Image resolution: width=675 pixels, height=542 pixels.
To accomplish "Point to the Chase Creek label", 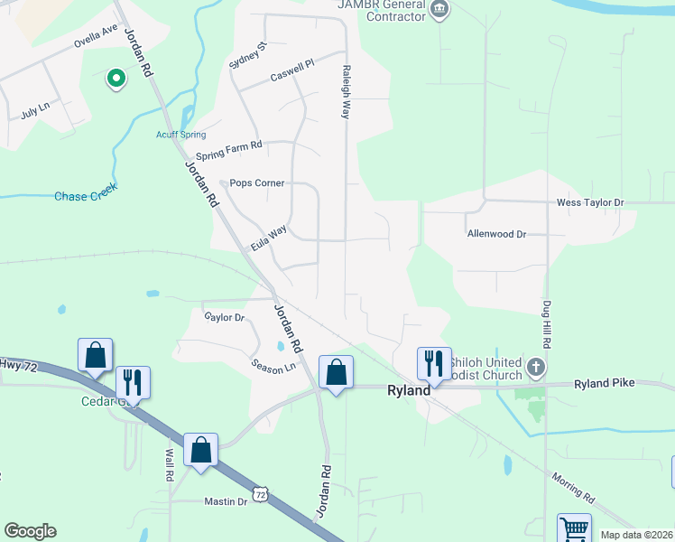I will click(x=86, y=195).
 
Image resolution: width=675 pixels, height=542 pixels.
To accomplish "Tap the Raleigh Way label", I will click(x=345, y=91).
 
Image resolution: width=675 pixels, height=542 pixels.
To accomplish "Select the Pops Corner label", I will click(x=257, y=182).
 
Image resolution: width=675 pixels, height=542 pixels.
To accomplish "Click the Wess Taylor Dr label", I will click(x=590, y=203).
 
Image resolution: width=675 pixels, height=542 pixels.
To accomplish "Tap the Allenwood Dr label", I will click(x=496, y=234).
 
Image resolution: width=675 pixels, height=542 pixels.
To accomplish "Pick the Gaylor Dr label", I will click(x=225, y=317).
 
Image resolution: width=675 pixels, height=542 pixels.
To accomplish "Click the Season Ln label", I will click(x=273, y=368).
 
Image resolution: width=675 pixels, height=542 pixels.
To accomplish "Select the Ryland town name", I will click(x=409, y=390).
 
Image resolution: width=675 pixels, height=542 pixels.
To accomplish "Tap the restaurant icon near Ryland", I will click(x=433, y=363).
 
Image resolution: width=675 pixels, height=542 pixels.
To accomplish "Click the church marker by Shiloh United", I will click(x=536, y=367).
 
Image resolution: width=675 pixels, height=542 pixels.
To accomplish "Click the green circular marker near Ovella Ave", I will click(x=116, y=79).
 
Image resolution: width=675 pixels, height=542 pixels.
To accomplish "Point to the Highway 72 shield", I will click(x=260, y=495).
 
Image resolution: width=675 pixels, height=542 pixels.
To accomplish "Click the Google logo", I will click(x=30, y=531).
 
